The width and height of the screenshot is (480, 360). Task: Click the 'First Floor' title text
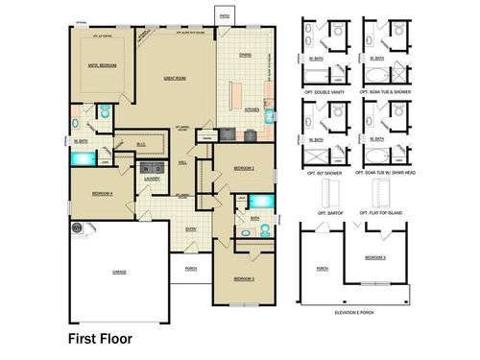coord(99,338)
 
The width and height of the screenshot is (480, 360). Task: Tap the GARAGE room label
coord(119,272)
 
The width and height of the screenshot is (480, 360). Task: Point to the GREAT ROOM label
coord(174,78)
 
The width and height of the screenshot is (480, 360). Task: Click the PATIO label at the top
coord(224,16)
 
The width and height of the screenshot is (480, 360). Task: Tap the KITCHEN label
coord(252,109)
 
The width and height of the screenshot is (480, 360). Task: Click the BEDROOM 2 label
coord(243,167)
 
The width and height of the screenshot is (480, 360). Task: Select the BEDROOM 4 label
coord(102,193)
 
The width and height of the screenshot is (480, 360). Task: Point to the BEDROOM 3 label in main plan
coord(244,278)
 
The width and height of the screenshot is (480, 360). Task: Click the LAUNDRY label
coord(152,179)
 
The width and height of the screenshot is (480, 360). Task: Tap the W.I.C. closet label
coord(140,146)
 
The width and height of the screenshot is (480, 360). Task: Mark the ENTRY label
coord(191,228)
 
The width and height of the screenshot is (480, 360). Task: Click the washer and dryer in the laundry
coord(152,167)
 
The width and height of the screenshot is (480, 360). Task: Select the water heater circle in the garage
coord(77,227)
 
